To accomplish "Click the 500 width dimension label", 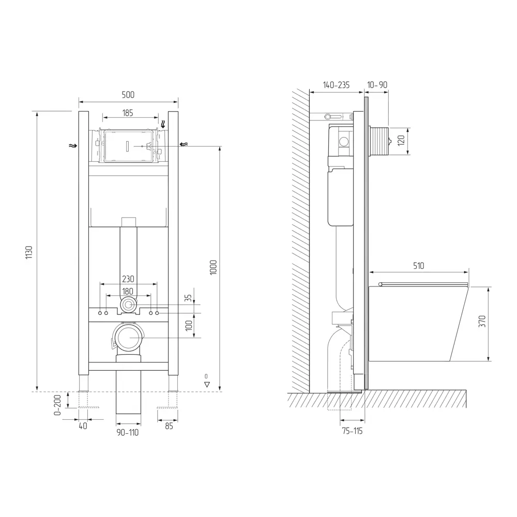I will [128, 95].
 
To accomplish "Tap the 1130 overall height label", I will [29, 252].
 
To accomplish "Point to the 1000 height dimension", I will [213, 267].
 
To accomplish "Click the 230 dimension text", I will [128, 279].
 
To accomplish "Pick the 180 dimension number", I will [128, 291].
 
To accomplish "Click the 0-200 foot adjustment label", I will [58, 405].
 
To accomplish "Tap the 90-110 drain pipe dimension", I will [128, 432].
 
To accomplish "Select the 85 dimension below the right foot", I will [169, 426].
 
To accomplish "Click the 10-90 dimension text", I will [377, 85].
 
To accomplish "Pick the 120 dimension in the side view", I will [401, 140].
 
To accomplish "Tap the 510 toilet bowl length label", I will [418, 266].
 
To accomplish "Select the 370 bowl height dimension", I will [482, 323].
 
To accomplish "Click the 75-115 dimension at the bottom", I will [352, 431].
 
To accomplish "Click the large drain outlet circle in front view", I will [127, 338].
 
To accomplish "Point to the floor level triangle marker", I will [207, 384].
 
